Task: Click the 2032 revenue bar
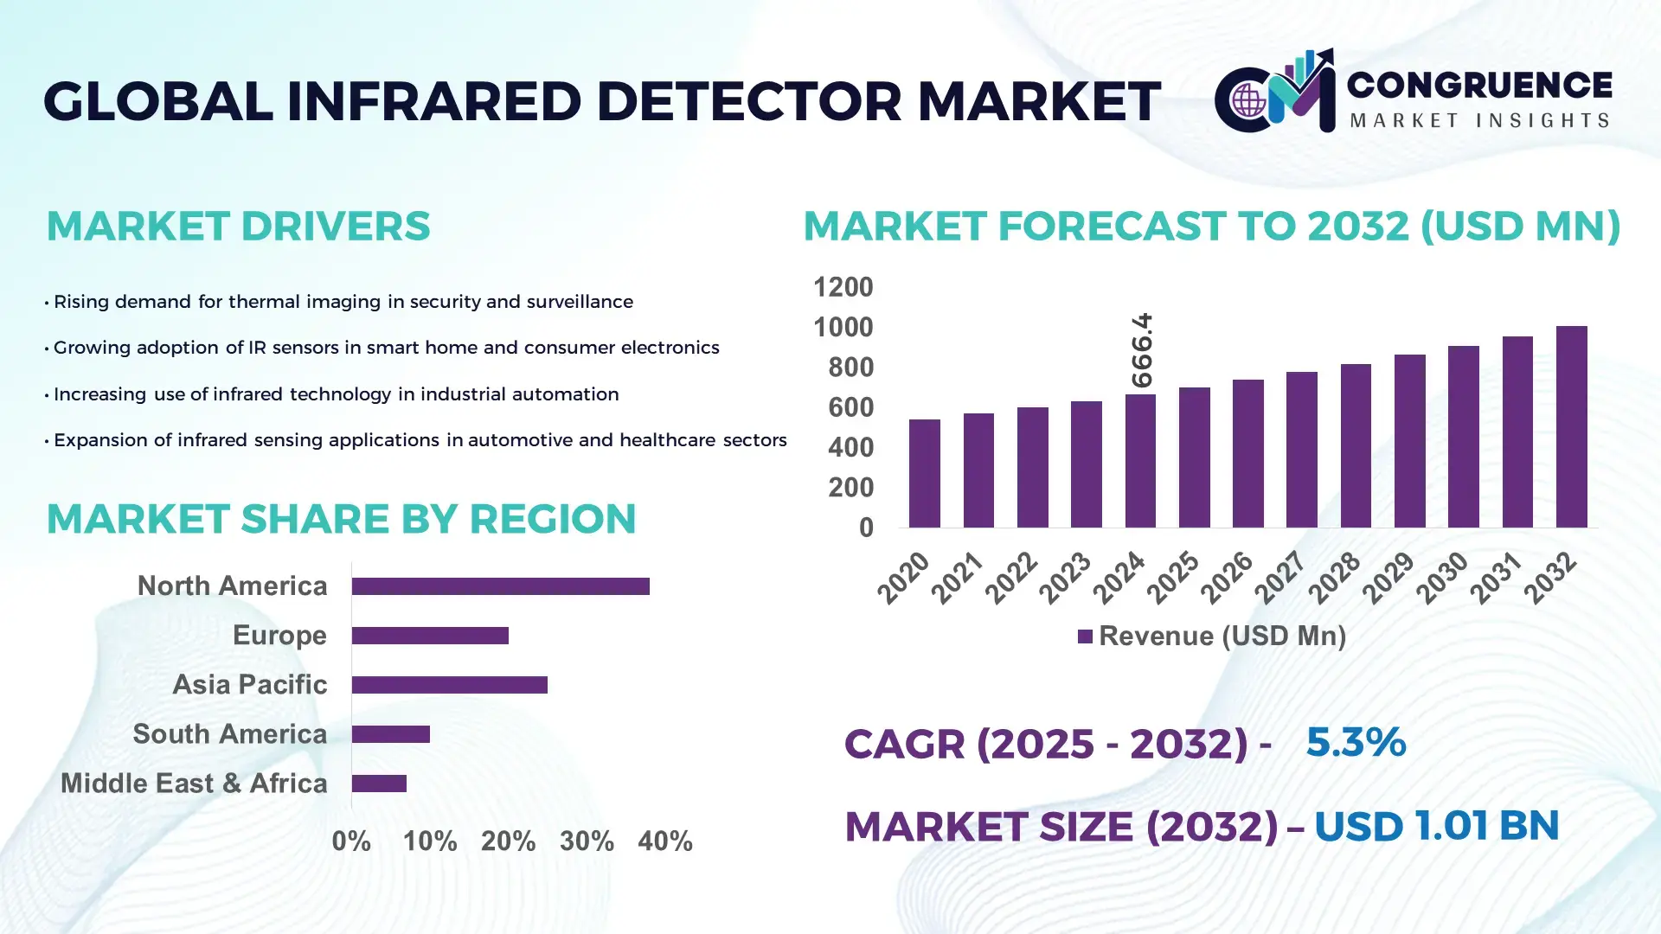(1571, 427)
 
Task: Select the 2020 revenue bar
(924, 474)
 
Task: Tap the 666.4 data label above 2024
(1142, 350)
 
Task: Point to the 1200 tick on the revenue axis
(843, 287)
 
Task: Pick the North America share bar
(500, 586)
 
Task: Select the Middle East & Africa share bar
(379, 784)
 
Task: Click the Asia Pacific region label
(250, 684)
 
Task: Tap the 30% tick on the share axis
(587, 841)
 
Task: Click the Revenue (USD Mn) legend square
(1085, 637)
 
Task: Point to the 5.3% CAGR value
(1355, 742)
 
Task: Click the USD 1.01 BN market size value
(1436, 825)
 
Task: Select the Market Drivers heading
(238, 226)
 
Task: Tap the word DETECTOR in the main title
(749, 101)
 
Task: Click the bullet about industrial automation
(336, 394)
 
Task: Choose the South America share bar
(390, 734)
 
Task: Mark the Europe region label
(279, 635)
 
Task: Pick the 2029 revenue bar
(1409, 441)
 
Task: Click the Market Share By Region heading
(341, 519)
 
